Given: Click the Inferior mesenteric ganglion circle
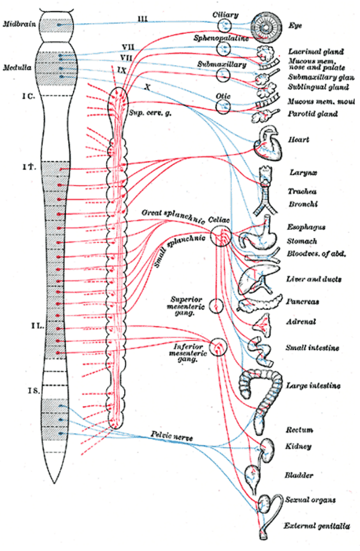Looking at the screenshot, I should (x=218, y=346).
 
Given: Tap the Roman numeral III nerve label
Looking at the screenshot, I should (x=143, y=19).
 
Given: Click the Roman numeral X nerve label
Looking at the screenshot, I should (x=148, y=87).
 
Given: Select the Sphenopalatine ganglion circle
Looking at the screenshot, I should (x=224, y=48).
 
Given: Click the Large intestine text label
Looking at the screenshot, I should (x=312, y=386).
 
